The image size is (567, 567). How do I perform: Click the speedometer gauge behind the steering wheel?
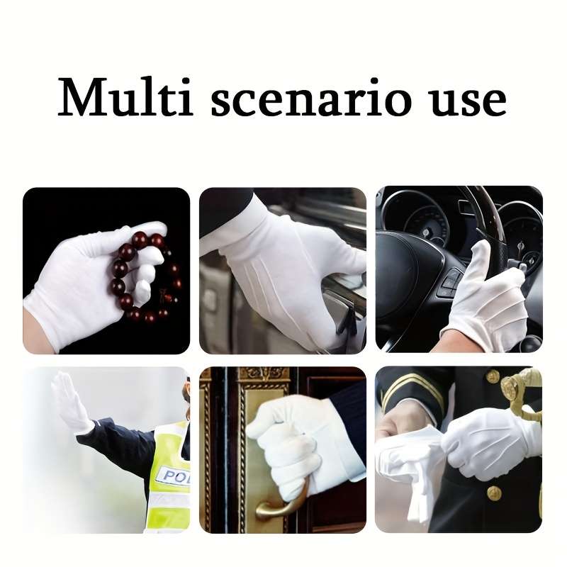pos(425,220)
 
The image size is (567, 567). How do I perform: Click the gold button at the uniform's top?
pos(493,377)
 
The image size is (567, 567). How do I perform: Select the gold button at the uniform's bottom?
pos(494,493)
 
